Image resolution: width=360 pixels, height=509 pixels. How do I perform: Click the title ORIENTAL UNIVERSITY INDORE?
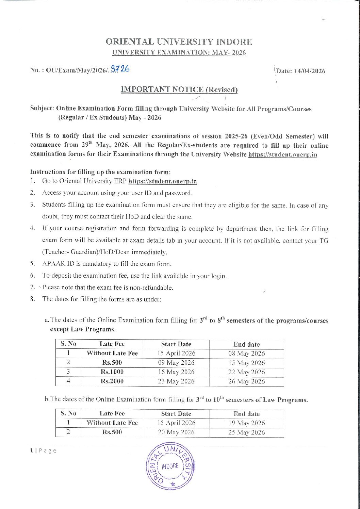click(x=179, y=42)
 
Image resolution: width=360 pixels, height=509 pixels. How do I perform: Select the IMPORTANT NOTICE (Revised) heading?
click(x=179, y=90)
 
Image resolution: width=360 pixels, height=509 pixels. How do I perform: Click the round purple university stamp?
click(x=170, y=466)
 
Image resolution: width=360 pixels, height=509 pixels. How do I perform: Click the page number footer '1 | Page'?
click(x=43, y=451)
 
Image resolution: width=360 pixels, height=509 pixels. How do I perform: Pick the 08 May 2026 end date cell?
click(x=246, y=354)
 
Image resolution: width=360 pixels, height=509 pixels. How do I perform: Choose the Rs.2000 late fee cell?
click(x=112, y=381)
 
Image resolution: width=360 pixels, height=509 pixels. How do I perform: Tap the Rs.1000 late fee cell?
click(x=112, y=372)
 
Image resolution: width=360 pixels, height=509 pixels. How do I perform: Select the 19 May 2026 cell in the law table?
click(x=246, y=423)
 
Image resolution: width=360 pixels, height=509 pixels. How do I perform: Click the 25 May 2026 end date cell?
click(x=246, y=432)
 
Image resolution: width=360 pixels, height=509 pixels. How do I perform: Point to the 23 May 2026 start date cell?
click(x=176, y=381)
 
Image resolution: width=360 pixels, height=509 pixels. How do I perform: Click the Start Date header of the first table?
click(x=176, y=344)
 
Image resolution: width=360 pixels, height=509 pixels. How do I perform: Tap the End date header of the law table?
click(x=246, y=414)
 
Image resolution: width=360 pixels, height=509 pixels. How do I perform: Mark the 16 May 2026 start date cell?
click(x=176, y=372)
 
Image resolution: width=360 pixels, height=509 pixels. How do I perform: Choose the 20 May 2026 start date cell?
click(x=176, y=432)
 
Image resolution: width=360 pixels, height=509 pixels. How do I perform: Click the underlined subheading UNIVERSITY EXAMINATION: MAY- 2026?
click(x=179, y=53)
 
